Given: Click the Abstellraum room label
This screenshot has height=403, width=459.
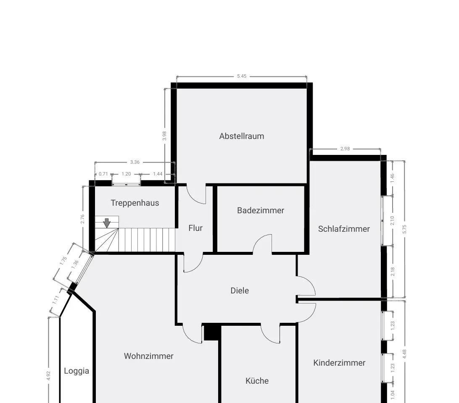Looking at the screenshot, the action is (x=242, y=136).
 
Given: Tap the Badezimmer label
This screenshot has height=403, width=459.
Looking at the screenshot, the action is (x=261, y=211).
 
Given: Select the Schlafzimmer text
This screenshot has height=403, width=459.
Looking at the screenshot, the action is (x=344, y=229).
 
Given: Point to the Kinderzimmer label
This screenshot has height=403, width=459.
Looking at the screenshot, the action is (x=339, y=363).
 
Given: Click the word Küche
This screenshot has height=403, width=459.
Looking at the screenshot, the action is (x=257, y=381).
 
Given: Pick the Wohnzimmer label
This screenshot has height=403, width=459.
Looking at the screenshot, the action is (x=149, y=356).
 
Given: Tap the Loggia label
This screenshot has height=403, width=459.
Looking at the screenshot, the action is (x=76, y=371).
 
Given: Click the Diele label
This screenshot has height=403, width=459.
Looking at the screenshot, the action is (x=240, y=290).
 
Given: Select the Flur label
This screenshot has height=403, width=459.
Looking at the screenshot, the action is (x=195, y=228).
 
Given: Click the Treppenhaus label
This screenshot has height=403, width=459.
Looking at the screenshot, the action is (x=135, y=203).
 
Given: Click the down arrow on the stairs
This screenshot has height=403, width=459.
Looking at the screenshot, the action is (x=107, y=223).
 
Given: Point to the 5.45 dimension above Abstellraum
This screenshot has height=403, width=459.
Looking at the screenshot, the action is (x=242, y=76).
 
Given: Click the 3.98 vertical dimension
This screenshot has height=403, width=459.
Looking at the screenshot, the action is (x=164, y=136).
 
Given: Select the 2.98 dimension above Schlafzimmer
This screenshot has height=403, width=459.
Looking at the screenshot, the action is (x=345, y=149).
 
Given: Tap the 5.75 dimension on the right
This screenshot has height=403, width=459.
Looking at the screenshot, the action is (x=404, y=229).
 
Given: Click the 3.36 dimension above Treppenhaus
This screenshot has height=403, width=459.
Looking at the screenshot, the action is (x=135, y=162).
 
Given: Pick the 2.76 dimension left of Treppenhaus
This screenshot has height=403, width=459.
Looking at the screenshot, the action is (x=82, y=219).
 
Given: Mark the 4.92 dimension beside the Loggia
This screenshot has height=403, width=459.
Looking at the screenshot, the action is (x=49, y=376).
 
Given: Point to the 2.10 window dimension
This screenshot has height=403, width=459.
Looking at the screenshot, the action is (x=393, y=220).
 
